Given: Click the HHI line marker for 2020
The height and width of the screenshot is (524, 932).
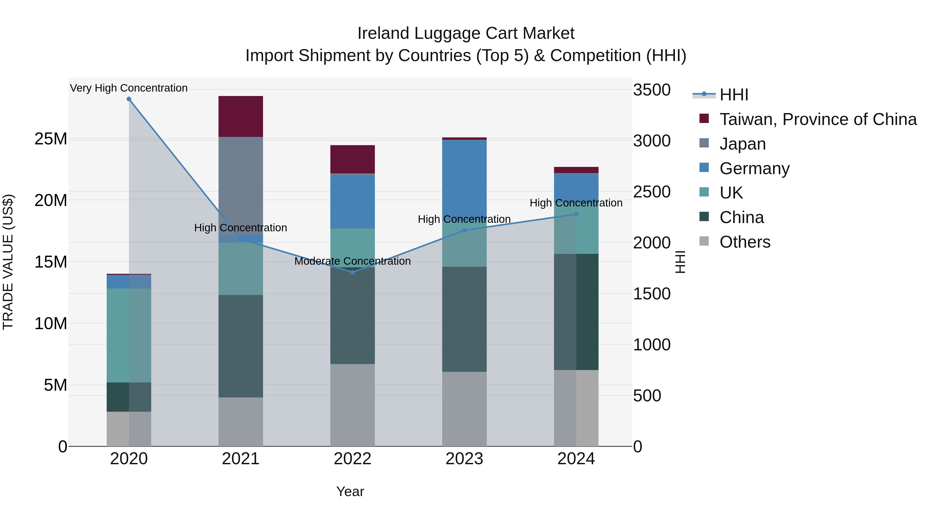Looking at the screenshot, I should point(129,99).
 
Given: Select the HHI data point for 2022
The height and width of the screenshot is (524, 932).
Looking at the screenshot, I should point(352,272).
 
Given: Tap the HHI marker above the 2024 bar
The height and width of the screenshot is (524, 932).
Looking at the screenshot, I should point(576,214).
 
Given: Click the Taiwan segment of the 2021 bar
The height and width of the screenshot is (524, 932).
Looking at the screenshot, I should point(241,116).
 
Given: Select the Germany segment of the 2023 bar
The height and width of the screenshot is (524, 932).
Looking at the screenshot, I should point(464,177).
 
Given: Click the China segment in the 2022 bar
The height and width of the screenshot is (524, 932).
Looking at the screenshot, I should point(352,315).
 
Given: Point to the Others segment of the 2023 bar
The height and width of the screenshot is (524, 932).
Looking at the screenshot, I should point(464,409).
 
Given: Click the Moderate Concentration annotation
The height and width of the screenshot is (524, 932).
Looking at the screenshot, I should point(352,261).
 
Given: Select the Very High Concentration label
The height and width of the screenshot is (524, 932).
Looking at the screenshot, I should point(129,88).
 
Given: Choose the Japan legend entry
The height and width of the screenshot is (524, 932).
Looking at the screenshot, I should point(742,144).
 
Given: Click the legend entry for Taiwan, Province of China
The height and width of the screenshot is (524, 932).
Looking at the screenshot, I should point(818,119).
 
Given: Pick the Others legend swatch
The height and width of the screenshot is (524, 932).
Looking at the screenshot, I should point(704,241).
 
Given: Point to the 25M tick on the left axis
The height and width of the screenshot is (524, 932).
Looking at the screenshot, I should point(51,139).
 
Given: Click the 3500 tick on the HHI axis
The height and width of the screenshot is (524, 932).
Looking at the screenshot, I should point(652,90).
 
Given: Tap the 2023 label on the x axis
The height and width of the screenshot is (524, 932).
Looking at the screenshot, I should point(464,459).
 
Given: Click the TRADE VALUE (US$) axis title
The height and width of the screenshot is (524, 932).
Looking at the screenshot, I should point(8,262).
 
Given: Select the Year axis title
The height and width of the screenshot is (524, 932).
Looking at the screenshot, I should point(350,491).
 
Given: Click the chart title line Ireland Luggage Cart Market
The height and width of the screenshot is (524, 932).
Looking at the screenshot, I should point(466,33).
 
